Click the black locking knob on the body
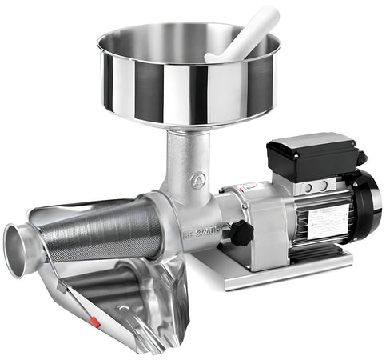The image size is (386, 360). coord(241,233)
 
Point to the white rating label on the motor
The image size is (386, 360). coord(328,221)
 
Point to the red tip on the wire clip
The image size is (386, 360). coord(95,323)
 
